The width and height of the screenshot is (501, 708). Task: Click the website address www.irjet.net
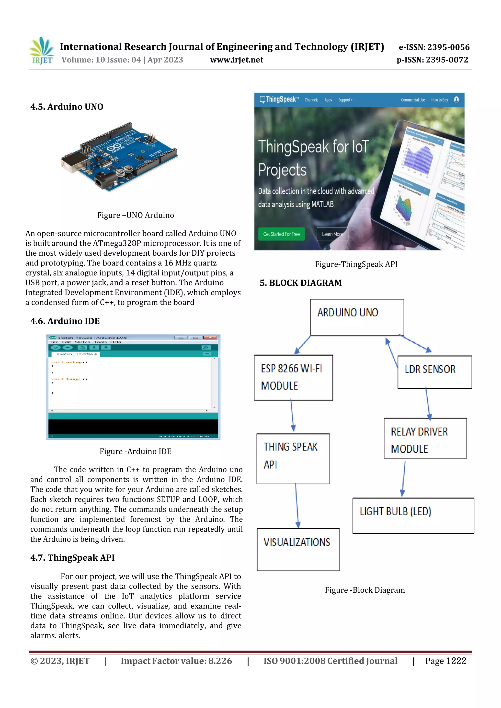coord(237,60)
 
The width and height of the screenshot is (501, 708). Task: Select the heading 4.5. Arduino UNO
coord(67,107)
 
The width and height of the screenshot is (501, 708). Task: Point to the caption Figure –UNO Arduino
coord(136,215)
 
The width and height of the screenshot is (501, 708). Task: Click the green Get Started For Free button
coord(281,234)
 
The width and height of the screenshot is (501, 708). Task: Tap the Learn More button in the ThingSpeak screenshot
coord(332,234)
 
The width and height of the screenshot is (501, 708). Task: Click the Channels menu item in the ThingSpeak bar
coord(311,100)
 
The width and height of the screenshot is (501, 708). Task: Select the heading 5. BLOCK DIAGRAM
coord(301,283)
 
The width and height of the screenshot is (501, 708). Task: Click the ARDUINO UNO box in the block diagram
coord(357,317)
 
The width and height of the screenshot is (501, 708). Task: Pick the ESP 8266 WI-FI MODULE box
coord(293,378)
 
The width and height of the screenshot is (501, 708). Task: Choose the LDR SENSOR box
coord(434,372)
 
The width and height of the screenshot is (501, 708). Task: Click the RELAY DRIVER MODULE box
coord(425,438)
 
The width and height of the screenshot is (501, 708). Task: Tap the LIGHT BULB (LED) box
coord(413,516)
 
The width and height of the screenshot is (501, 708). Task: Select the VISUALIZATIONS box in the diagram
coord(298,549)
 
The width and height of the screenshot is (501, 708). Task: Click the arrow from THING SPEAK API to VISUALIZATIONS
coord(297,506)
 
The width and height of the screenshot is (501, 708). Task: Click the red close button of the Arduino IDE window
coord(210,338)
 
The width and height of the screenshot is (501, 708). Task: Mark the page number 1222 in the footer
coord(456,661)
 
